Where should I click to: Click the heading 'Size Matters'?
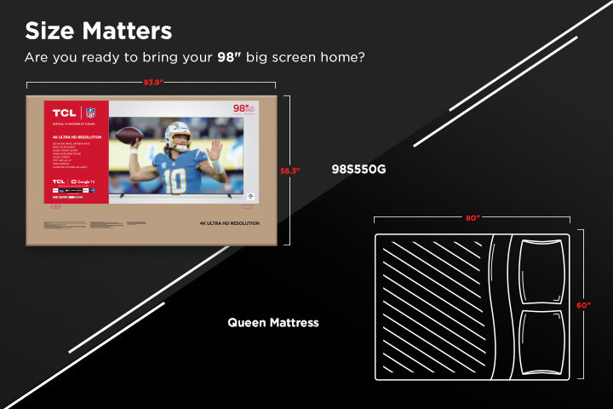[x=98, y=31]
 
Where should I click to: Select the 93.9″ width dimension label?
[x=152, y=83]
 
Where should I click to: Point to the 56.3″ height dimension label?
[x=290, y=170]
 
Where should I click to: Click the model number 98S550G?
[x=358, y=169]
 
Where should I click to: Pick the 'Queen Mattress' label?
[x=273, y=323]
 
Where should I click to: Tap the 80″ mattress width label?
[x=473, y=218]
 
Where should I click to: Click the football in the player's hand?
[x=129, y=135]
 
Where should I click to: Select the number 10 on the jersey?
[x=175, y=181]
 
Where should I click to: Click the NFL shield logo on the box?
[x=90, y=112]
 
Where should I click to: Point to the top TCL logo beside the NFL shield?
[x=64, y=112]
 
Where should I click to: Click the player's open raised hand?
[x=215, y=151]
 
